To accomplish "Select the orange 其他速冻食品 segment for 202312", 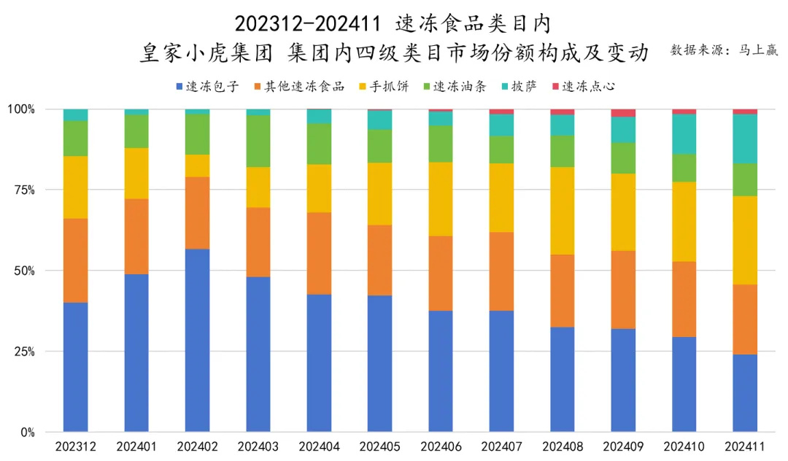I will click(76, 260).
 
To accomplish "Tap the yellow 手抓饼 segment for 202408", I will click(563, 211).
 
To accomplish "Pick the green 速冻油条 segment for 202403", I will click(258, 141).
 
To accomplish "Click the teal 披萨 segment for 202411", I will click(745, 139).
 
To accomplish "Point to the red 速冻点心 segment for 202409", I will click(623, 113).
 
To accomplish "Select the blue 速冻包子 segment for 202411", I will click(745, 393).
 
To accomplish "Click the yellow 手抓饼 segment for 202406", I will click(441, 199).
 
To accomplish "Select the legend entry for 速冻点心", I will click(584, 87).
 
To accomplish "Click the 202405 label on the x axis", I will click(379, 445).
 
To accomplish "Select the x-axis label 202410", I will click(684, 445).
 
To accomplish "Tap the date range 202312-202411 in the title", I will click(307, 24).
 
